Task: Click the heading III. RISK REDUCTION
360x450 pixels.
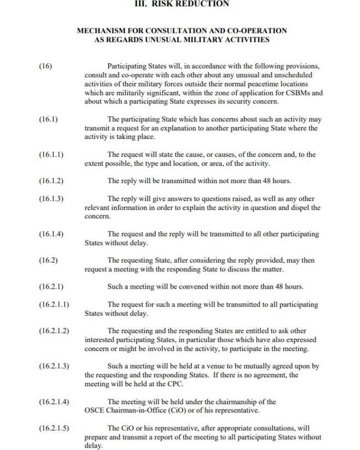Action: [x=182, y=3]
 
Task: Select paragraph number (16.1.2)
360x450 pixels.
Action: [x=51, y=181]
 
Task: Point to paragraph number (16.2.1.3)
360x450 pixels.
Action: [x=54, y=366]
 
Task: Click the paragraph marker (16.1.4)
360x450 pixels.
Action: [x=51, y=234]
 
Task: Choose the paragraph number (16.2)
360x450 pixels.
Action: [x=48, y=260]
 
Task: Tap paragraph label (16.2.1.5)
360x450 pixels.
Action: [x=54, y=428]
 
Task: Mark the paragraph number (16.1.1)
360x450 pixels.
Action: [x=51, y=154]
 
